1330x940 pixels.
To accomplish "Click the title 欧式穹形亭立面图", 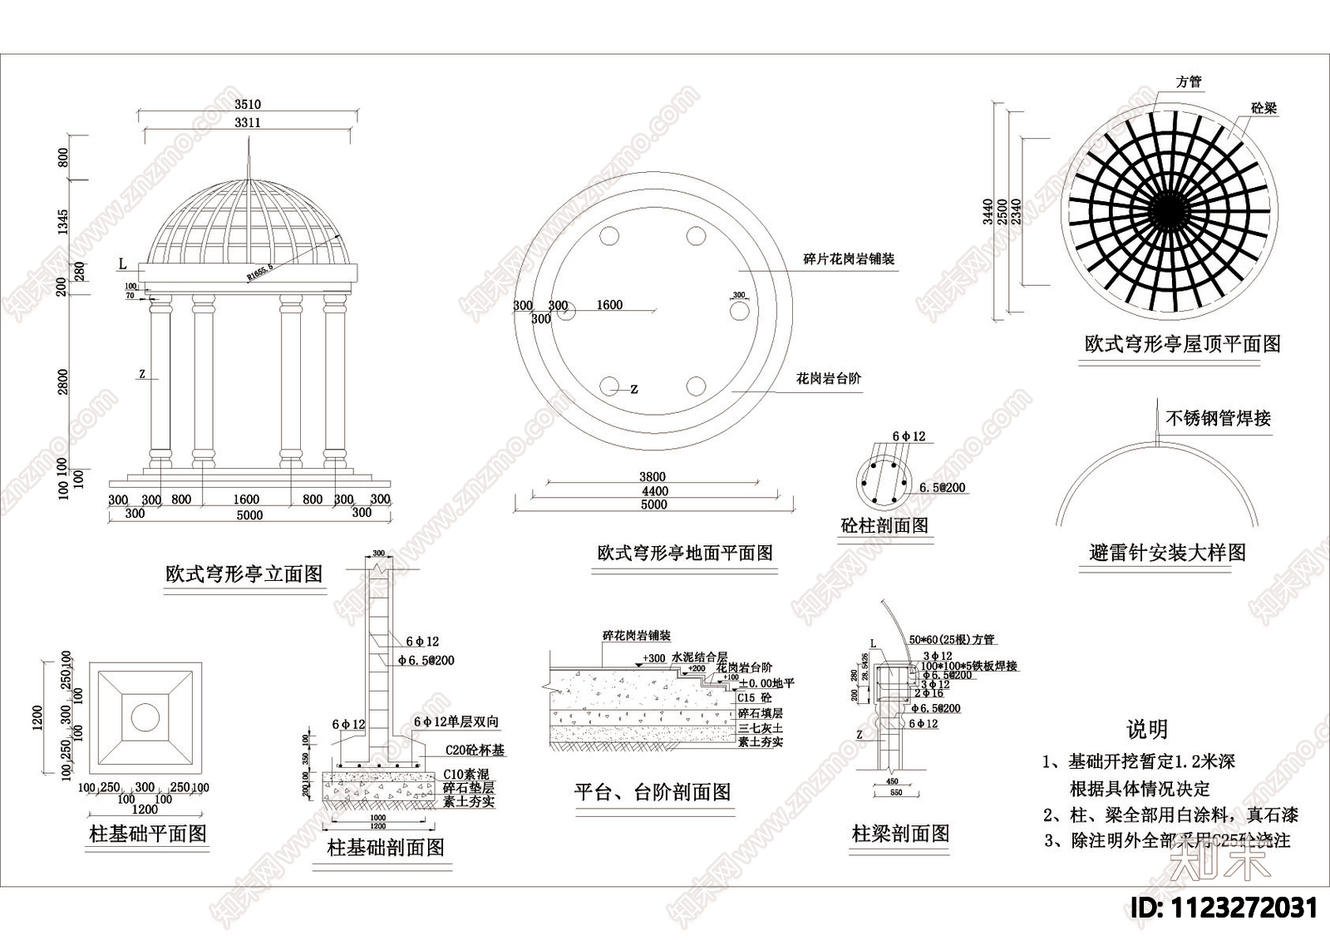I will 244,574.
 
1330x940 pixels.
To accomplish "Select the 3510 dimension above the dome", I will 248,105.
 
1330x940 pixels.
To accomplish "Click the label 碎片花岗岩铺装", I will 848,259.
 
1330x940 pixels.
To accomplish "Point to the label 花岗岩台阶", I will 829,379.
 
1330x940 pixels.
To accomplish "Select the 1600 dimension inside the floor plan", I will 609,305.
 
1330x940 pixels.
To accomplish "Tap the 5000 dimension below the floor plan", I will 653,504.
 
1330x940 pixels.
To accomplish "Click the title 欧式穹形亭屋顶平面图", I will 1182,344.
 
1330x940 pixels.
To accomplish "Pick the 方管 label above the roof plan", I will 1189,82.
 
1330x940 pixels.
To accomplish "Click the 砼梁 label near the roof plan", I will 1263,109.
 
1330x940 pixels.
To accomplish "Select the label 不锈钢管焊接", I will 1218,418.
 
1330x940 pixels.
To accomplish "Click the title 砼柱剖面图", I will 884,525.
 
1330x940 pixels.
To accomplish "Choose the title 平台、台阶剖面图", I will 652,792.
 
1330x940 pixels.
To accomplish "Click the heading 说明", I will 1146,730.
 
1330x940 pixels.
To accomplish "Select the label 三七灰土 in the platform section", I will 760,728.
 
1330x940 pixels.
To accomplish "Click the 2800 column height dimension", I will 64,383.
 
